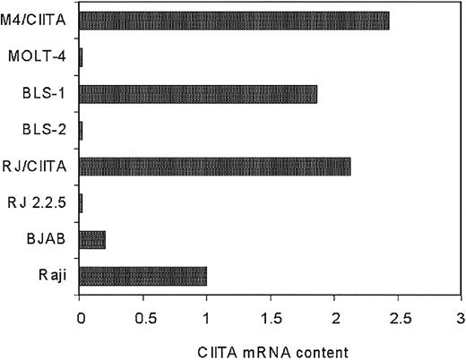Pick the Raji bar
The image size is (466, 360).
pos(143,276)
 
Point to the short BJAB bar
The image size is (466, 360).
pos(92,239)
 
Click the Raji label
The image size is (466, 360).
pos(52,276)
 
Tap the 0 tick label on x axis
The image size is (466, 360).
pos(80,316)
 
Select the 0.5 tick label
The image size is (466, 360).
pos(142,316)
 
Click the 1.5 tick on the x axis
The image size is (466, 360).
pos(270,316)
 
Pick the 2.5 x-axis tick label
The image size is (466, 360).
pos(397,316)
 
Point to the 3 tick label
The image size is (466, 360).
pos(461,316)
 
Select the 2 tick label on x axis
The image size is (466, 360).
pos(333,316)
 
